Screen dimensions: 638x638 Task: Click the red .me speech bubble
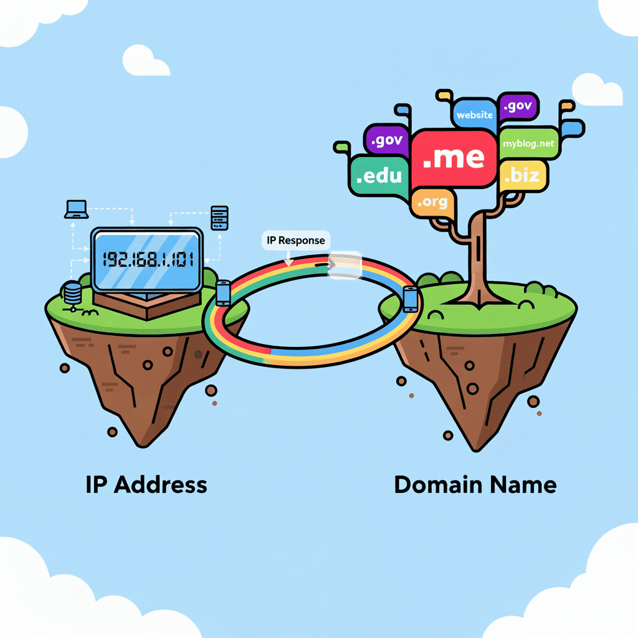(x=453, y=158)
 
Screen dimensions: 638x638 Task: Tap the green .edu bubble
(x=379, y=175)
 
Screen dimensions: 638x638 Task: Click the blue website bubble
(x=474, y=114)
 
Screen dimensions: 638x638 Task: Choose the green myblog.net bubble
(x=528, y=143)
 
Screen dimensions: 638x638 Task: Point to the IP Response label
(x=295, y=240)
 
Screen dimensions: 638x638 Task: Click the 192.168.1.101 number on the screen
(x=147, y=259)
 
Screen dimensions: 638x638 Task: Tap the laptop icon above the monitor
(x=77, y=209)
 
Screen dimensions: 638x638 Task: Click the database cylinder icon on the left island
(x=73, y=292)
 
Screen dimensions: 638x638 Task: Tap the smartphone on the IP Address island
(x=223, y=293)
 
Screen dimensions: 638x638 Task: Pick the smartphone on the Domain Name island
(x=410, y=299)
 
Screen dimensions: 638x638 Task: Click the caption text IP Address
(x=146, y=484)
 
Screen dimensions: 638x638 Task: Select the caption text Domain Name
(x=475, y=484)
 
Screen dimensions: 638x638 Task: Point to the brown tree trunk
(x=478, y=262)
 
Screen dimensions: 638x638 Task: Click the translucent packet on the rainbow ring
(x=345, y=264)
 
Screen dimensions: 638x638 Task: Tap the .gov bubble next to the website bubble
(x=517, y=107)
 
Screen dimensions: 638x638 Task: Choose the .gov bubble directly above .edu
(x=386, y=141)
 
